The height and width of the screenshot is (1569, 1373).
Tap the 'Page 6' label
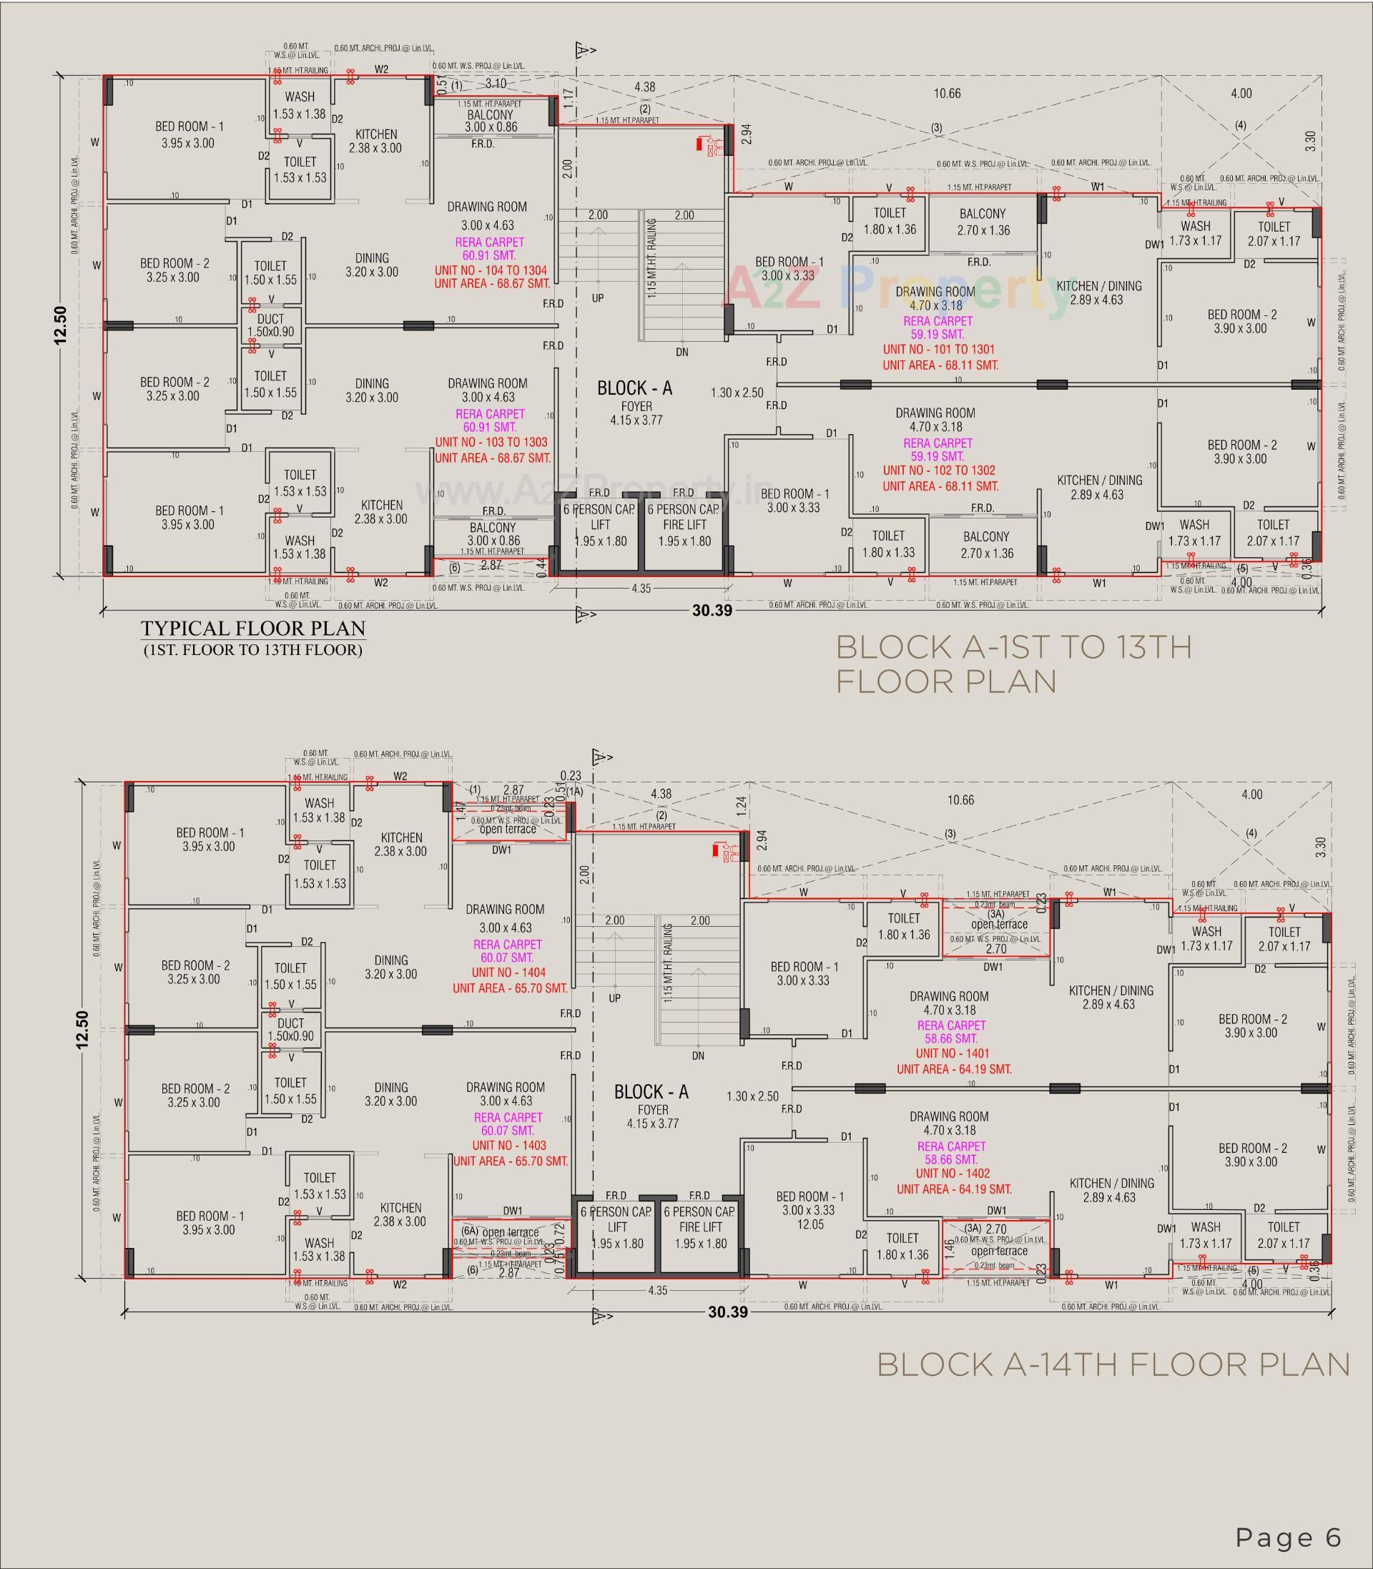click(1288, 1516)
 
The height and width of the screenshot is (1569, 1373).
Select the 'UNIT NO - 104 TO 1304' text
click(491, 270)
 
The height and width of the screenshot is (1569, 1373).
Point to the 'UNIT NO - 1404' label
click(508, 972)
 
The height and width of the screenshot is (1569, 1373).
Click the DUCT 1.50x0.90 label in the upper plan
click(271, 325)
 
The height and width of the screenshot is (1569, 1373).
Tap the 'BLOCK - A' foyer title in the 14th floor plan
click(651, 1092)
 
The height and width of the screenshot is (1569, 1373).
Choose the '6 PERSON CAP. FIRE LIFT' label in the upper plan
click(684, 525)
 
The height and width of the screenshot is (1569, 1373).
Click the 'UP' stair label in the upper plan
click(598, 298)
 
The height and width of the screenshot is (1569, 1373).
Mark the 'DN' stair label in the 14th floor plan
click(697, 1056)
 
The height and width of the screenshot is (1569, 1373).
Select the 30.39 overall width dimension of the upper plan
click(712, 611)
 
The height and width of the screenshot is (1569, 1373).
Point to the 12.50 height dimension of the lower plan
click(83, 1030)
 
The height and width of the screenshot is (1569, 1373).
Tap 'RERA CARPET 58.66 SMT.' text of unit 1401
click(951, 1032)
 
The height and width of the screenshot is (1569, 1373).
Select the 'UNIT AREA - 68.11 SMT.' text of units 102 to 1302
click(940, 486)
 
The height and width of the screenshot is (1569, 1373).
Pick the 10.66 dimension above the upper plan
click(947, 94)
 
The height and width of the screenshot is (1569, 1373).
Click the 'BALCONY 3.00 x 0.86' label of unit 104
click(491, 121)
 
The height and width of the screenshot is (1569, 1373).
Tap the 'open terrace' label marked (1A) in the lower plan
click(508, 829)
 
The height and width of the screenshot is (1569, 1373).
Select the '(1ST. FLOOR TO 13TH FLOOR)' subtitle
click(253, 651)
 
